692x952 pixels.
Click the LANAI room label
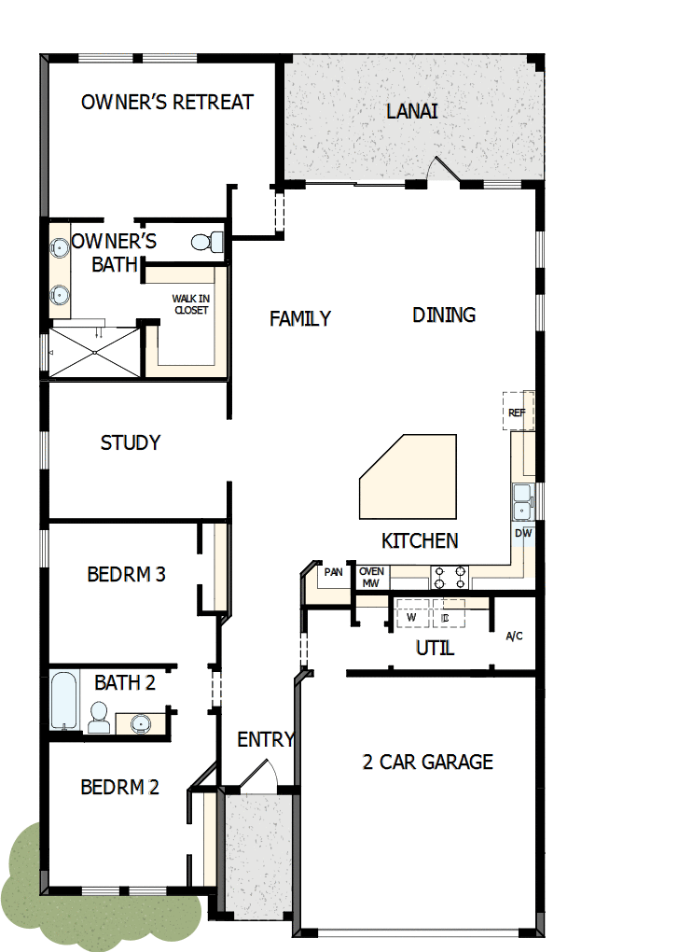click(x=411, y=111)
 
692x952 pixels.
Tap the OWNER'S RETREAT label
click(x=167, y=102)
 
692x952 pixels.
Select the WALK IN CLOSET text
click(x=190, y=304)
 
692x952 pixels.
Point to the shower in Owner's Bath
click(x=92, y=352)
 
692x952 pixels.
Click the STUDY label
click(x=131, y=442)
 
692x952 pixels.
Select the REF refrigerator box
click(x=517, y=412)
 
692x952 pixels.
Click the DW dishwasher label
click(x=523, y=533)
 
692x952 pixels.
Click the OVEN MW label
click(x=371, y=577)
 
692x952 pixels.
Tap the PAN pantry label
click(x=333, y=572)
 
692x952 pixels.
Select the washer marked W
click(x=411, y=617)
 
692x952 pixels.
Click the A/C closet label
click(x=514, y=637)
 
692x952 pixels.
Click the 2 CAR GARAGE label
click(x=427, y=762)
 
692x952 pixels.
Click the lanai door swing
click(x=440, y=171)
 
